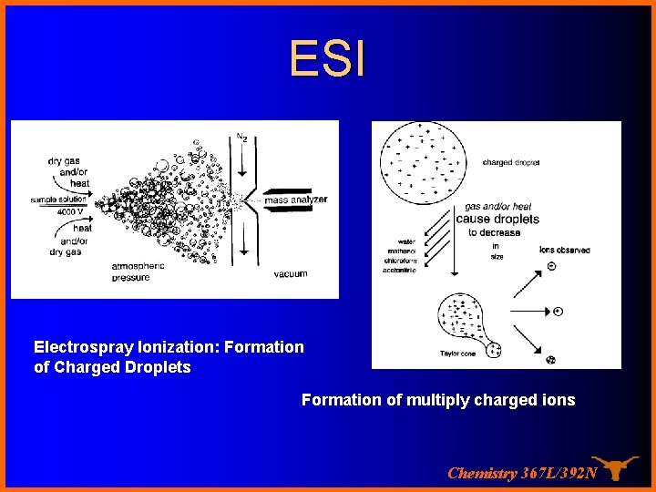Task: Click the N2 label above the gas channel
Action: (x=241, y=138)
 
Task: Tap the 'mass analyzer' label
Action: (x=295, y=200)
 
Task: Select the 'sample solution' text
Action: (x=58, y=200)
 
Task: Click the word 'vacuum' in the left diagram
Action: (x=291, y=273)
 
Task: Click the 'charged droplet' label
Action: (x=511, y=163)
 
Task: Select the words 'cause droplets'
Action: (x=497, y=219)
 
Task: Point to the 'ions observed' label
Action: (x=564, y=250)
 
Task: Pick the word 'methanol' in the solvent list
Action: (x=400, y=251)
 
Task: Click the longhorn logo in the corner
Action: (x=616, y=466)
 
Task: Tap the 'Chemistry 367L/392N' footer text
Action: (x=522, y=473)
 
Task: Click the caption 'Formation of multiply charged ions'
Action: (x=438, y=400)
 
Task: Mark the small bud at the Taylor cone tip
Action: (x=493, y=349)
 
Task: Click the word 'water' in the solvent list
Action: (x=405, y=242)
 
